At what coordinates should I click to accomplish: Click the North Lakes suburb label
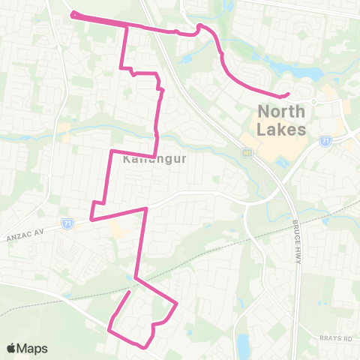pos(282,120)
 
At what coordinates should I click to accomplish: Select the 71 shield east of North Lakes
pos(325,140)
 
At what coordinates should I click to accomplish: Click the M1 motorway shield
pos(245,152)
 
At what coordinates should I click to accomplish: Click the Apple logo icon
pos(11,348)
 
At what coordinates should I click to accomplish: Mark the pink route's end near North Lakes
pos(288,94)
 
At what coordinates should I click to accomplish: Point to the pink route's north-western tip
pos(72,13)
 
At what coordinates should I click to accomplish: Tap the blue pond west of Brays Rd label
pos(241,345)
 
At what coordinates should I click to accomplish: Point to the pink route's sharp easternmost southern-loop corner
pos(177,304)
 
